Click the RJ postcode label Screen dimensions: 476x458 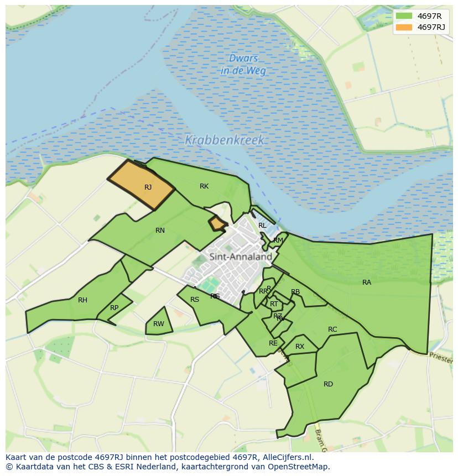pyautogui.click(x=148, y=187)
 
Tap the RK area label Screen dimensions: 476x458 pyautogui.click(x=204, y=186)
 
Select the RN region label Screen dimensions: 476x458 pyautogui.click(x=160, y=231)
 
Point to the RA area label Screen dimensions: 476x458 pyautogui.click(x=367, y=283)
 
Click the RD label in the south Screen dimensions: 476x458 pyautogui.click(x=328, y=384)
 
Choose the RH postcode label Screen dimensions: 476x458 pyautogui.click(x=82, y=300)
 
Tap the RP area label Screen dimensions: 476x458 pyautogui.click(x=114, y=308)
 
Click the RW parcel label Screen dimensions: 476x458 pyautogui.click(x=159, y=324)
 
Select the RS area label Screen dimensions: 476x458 pyautogui.click(x=195, y=300)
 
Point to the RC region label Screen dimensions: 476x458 pyautogui.click(x=332, y=329)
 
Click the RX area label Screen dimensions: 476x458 pyautogui.click(x=300, y=347)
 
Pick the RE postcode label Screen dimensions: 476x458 pyautogui.click(x=273, y=343)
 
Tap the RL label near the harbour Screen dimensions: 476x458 pyautogui.click(x=262, y=226)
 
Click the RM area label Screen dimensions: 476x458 pyautogui.click(x=278, y=240)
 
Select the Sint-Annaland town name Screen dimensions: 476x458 pyautogui.click(x=241, y=257)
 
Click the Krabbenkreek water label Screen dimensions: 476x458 pyautogui.click(x=225, y=140)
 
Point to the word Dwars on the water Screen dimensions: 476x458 pyautogui.click(x=244, y=59)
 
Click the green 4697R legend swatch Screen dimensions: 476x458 pyautogui.click(x=404, y=16)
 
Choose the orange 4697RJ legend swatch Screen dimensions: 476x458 pyautogui.click(x=404, y=27)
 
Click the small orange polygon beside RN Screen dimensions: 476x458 pyautogui.click(x=217, y=223)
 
